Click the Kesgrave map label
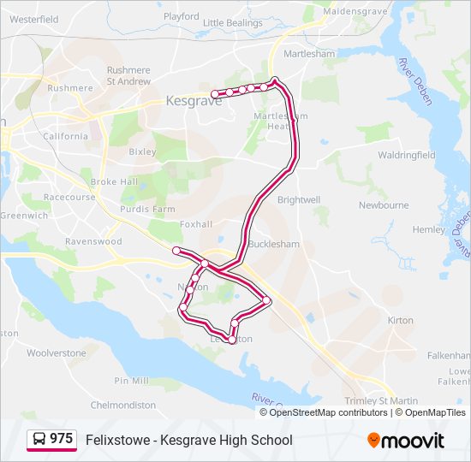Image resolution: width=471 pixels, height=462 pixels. click(194, 100)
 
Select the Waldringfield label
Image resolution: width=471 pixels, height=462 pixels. click(407, 155)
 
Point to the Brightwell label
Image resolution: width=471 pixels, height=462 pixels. click(299, 199)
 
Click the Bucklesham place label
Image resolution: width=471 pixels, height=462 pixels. click(274, 244)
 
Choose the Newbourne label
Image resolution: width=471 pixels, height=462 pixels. click(384, 205)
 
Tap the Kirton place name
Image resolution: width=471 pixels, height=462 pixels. click(401, 320)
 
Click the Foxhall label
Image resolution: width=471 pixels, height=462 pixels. click(196, 225)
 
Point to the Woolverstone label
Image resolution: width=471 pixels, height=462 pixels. click(57, 352)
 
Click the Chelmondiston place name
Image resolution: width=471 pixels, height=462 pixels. click(122, 405)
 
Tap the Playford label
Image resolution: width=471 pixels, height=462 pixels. click(181, 16)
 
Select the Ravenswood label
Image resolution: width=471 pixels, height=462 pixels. click(93, 241)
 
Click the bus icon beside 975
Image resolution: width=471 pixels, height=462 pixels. click(39, 440)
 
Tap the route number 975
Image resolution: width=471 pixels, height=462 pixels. click(62, 439)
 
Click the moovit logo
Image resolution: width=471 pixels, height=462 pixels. click(406, 441)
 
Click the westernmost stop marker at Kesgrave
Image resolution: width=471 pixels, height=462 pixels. click(214, 94)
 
